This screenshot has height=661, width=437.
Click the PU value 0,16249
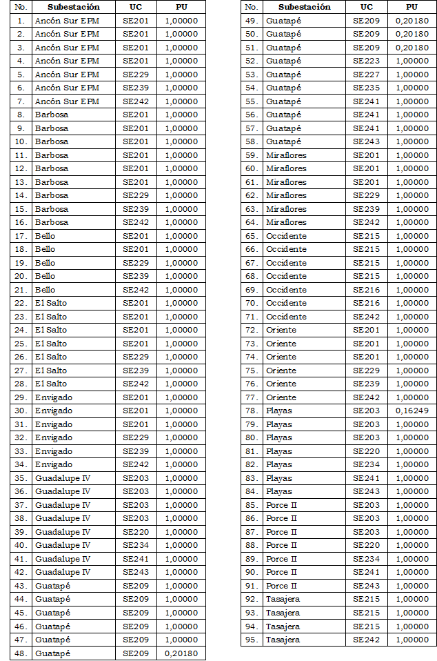(x=411, y=411)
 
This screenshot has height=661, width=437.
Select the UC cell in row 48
(x=136, y=653)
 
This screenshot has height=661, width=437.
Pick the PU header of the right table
(x=411, y=7)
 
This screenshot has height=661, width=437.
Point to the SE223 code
(x=366, y=61)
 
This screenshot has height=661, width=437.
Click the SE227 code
(x=366, y=75)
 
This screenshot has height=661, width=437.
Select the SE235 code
(x=366, y=88)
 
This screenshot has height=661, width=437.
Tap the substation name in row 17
(x=45, y=236)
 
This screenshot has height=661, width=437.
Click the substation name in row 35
(x=63, y=478)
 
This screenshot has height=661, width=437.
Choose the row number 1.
(x=21, y=21)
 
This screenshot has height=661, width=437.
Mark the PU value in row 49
(x=411, y=21)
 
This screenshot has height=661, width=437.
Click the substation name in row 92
(x=283, y=600)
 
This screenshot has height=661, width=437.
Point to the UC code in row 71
(x=366, y=317)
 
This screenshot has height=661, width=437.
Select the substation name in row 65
(x=286, y=236)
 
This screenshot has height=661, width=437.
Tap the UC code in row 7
(x=136, y=101)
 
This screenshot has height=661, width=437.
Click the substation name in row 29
(x=54, y=397)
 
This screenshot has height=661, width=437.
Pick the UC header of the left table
(x=136, y=7)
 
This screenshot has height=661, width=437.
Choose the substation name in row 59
(x=286, y=155)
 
